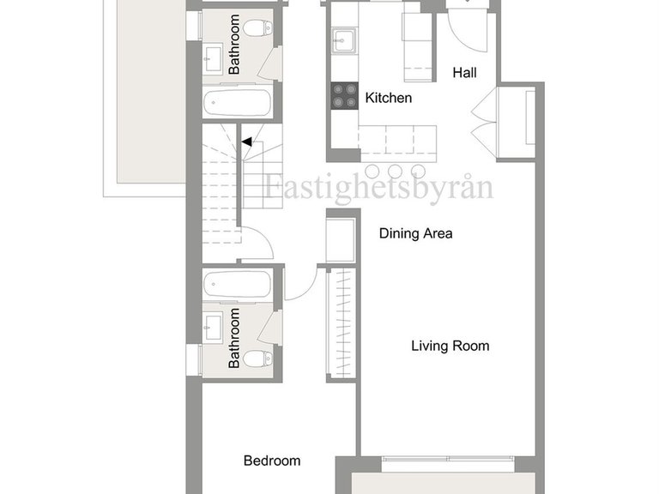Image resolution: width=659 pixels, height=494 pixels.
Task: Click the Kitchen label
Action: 389,98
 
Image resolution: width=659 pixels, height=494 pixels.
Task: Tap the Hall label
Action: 464,73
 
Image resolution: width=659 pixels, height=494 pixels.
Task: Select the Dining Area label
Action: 415,233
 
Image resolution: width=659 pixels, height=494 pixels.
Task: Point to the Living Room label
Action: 450,346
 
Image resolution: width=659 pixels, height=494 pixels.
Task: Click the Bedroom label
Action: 272,461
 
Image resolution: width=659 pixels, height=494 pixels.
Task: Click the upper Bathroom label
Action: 234,45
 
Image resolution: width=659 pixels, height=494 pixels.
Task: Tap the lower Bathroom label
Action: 234,338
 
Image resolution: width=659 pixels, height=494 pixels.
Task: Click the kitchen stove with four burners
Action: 344,96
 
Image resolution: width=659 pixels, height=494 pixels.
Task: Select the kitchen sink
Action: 345,40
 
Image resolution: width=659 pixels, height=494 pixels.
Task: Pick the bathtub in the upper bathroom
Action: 238,102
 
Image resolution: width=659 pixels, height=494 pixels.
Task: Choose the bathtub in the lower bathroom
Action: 238,285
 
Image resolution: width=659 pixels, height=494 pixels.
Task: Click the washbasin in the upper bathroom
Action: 213,59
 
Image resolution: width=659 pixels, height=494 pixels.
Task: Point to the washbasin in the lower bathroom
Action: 213,328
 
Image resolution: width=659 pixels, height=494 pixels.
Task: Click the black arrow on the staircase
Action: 247,142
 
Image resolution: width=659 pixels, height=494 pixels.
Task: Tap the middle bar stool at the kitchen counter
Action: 395,171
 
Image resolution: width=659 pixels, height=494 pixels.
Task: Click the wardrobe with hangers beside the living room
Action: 342,323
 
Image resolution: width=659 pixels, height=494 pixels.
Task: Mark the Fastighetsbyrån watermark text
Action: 379,187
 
